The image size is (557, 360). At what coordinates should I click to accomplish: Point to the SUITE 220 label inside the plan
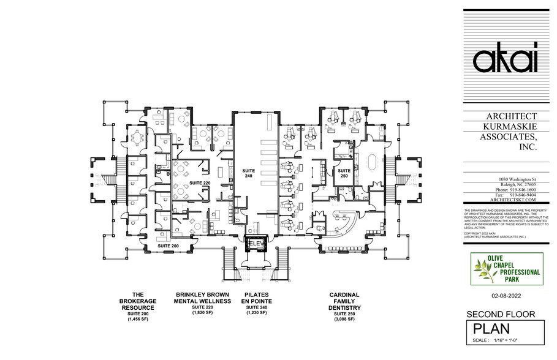pos(199,182)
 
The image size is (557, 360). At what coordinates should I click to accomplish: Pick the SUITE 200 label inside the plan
pos(169,245)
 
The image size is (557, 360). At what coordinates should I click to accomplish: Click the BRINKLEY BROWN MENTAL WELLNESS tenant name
pos(202,298)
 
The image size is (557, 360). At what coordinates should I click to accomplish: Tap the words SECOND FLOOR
pos(502,315)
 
